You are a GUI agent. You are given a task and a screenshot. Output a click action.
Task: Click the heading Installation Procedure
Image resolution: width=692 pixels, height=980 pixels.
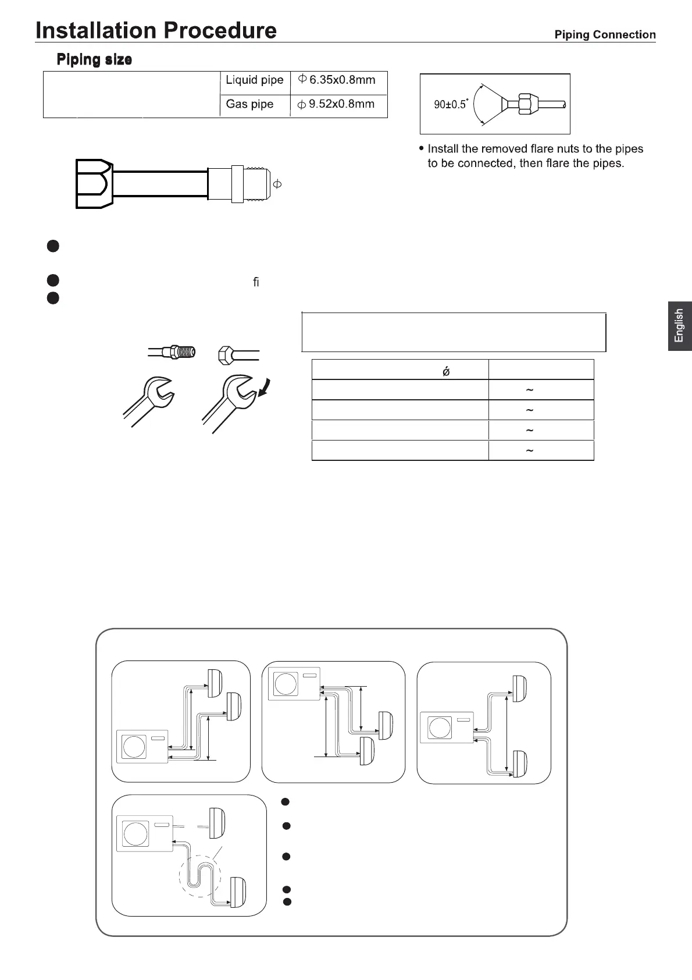[x=156, y=30]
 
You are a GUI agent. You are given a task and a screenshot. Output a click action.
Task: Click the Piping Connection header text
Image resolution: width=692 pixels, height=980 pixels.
[x=605, y=35]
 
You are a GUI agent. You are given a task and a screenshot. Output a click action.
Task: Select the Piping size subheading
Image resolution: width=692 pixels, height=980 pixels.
[x=94, y=59]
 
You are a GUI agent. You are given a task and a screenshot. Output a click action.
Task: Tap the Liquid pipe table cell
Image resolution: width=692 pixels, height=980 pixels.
[x=254, y=80]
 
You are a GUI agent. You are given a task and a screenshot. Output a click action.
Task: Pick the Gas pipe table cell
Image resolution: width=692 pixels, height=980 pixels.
[x=249, y=104]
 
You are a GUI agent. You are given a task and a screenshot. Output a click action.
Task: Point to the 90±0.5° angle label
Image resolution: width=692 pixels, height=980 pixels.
[x=451, y=104]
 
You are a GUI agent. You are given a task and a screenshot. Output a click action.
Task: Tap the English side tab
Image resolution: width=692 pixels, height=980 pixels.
[x=679, y=325]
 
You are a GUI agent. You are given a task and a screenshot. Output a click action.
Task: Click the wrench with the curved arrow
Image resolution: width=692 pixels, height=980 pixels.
[x=230, y=402]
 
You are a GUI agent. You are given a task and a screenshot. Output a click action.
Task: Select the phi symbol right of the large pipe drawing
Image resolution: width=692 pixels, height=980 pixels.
[x=277, y=184]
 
